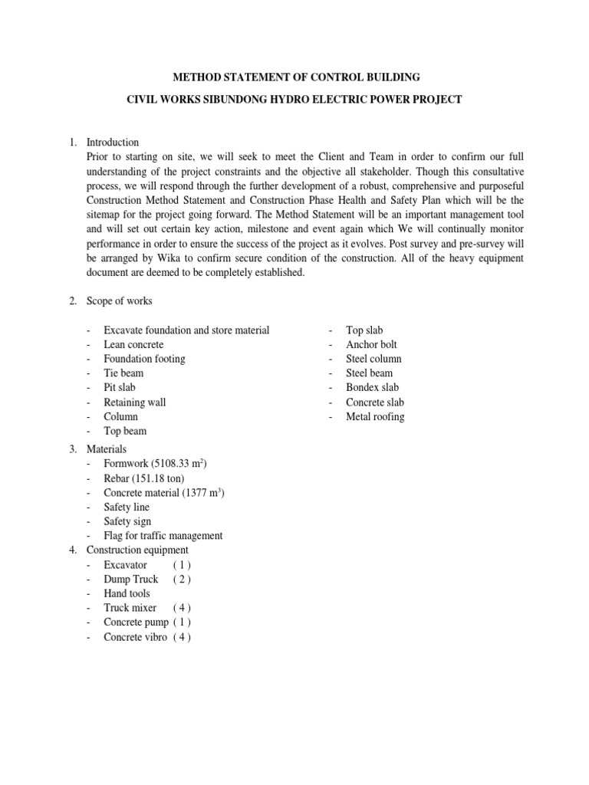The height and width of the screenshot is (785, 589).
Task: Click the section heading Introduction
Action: tap(113, 142)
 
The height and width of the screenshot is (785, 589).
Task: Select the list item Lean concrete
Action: tap(134, 344)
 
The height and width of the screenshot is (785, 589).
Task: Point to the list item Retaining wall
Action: tap(135, 402)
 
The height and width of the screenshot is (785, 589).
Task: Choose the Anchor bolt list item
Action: tap(371, 344)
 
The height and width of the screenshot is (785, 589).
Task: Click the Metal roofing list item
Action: tap(375, 416)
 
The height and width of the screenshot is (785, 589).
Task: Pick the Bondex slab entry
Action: tap(372, 387)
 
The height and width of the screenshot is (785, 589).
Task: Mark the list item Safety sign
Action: tap(127, 521)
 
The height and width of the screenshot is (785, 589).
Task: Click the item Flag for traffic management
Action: tap(163, 536)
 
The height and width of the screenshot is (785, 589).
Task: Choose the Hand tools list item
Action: tap(127, 593)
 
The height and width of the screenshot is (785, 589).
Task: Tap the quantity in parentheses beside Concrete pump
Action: tap(182, 622)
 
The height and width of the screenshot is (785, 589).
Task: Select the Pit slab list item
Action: tap(120, 387)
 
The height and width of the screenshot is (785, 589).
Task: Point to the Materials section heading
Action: tap(107, 448)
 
